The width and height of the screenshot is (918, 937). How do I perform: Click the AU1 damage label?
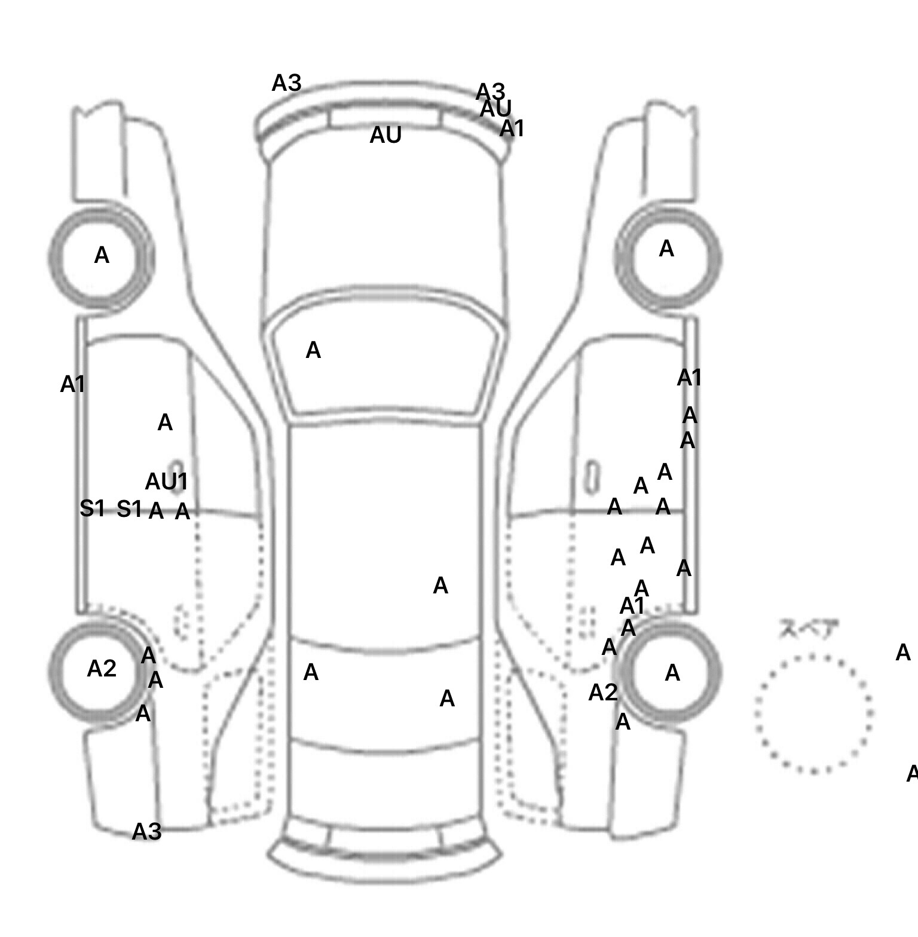[x=166, y=481]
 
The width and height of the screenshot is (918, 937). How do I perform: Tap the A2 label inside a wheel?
[x=102, y=669]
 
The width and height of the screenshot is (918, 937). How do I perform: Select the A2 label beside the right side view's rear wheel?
[x=602, y=693]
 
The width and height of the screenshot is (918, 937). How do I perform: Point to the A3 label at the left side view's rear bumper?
[x=146, y=831]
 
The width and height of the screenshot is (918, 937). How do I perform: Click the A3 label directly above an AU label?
[x=490, y=92]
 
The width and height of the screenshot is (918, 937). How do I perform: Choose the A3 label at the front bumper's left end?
[x=286, y=83]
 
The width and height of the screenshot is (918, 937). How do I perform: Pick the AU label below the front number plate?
[x=385, y=136]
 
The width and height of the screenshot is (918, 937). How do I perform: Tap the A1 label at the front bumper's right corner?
[x=512, y=128]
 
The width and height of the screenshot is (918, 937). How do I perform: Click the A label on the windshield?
[x=313, y=350]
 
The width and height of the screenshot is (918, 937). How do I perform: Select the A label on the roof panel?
[x=440, y=586]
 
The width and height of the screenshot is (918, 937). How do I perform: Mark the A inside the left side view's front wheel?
[x=102, y=255]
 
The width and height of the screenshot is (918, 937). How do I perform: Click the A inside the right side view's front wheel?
[x=666, y=249]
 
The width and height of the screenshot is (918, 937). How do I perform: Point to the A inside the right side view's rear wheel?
[x=672, y=673]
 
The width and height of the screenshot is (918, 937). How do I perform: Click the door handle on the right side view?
[x=592, y=476]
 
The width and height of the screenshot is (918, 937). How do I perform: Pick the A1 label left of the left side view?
[x=72, y=384]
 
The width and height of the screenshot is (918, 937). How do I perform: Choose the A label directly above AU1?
[x=165, y=422]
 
